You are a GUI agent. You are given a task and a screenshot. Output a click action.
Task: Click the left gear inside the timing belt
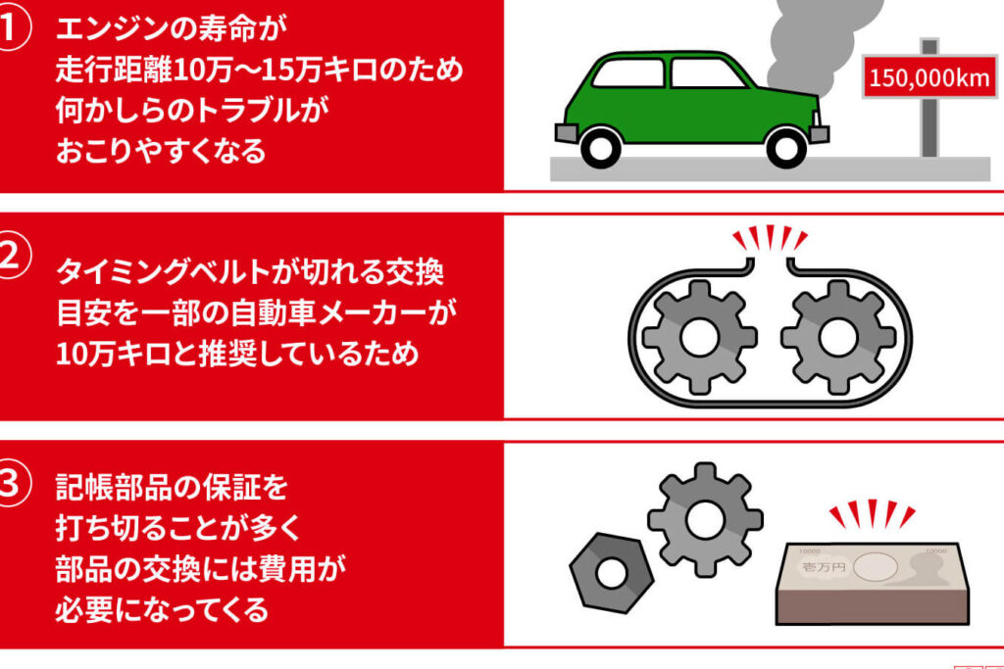[x=699, y=336]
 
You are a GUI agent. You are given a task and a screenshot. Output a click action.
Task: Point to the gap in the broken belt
[x=770, y=263]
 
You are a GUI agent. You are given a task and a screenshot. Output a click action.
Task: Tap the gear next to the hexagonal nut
[x=704, y=519]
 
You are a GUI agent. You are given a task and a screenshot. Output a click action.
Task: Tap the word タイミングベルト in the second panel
[x=167, y=271]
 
